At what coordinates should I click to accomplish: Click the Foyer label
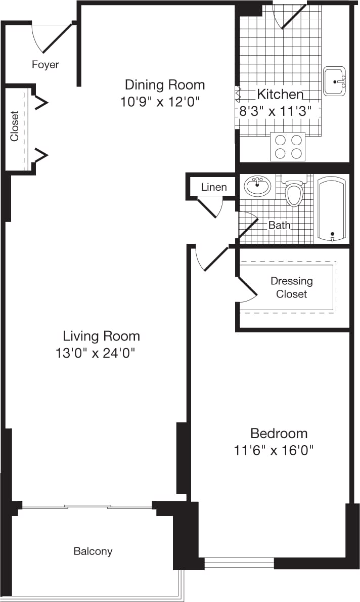coord(46,65)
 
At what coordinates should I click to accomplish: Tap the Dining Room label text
coord(165,84)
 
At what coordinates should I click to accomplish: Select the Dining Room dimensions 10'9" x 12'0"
coord(161,102)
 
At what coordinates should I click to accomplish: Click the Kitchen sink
coord(334,81)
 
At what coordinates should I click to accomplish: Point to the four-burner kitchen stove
coord(288,146)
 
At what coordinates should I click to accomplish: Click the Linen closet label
coord(213,187)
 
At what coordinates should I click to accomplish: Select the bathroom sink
coord(257,186)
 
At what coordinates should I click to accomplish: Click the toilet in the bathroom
coord(294,192)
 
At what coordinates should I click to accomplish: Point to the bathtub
coord(332,208)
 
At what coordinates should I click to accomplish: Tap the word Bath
coord(279,225)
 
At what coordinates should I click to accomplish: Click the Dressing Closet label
coord(292,287)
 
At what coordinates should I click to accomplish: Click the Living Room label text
coord(101,336)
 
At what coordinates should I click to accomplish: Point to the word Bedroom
coord(279,433)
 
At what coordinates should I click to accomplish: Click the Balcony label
coord(93,551)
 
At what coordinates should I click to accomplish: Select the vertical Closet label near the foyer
coord(15,126)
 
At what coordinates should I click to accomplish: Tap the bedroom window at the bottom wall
coord(239,563)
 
